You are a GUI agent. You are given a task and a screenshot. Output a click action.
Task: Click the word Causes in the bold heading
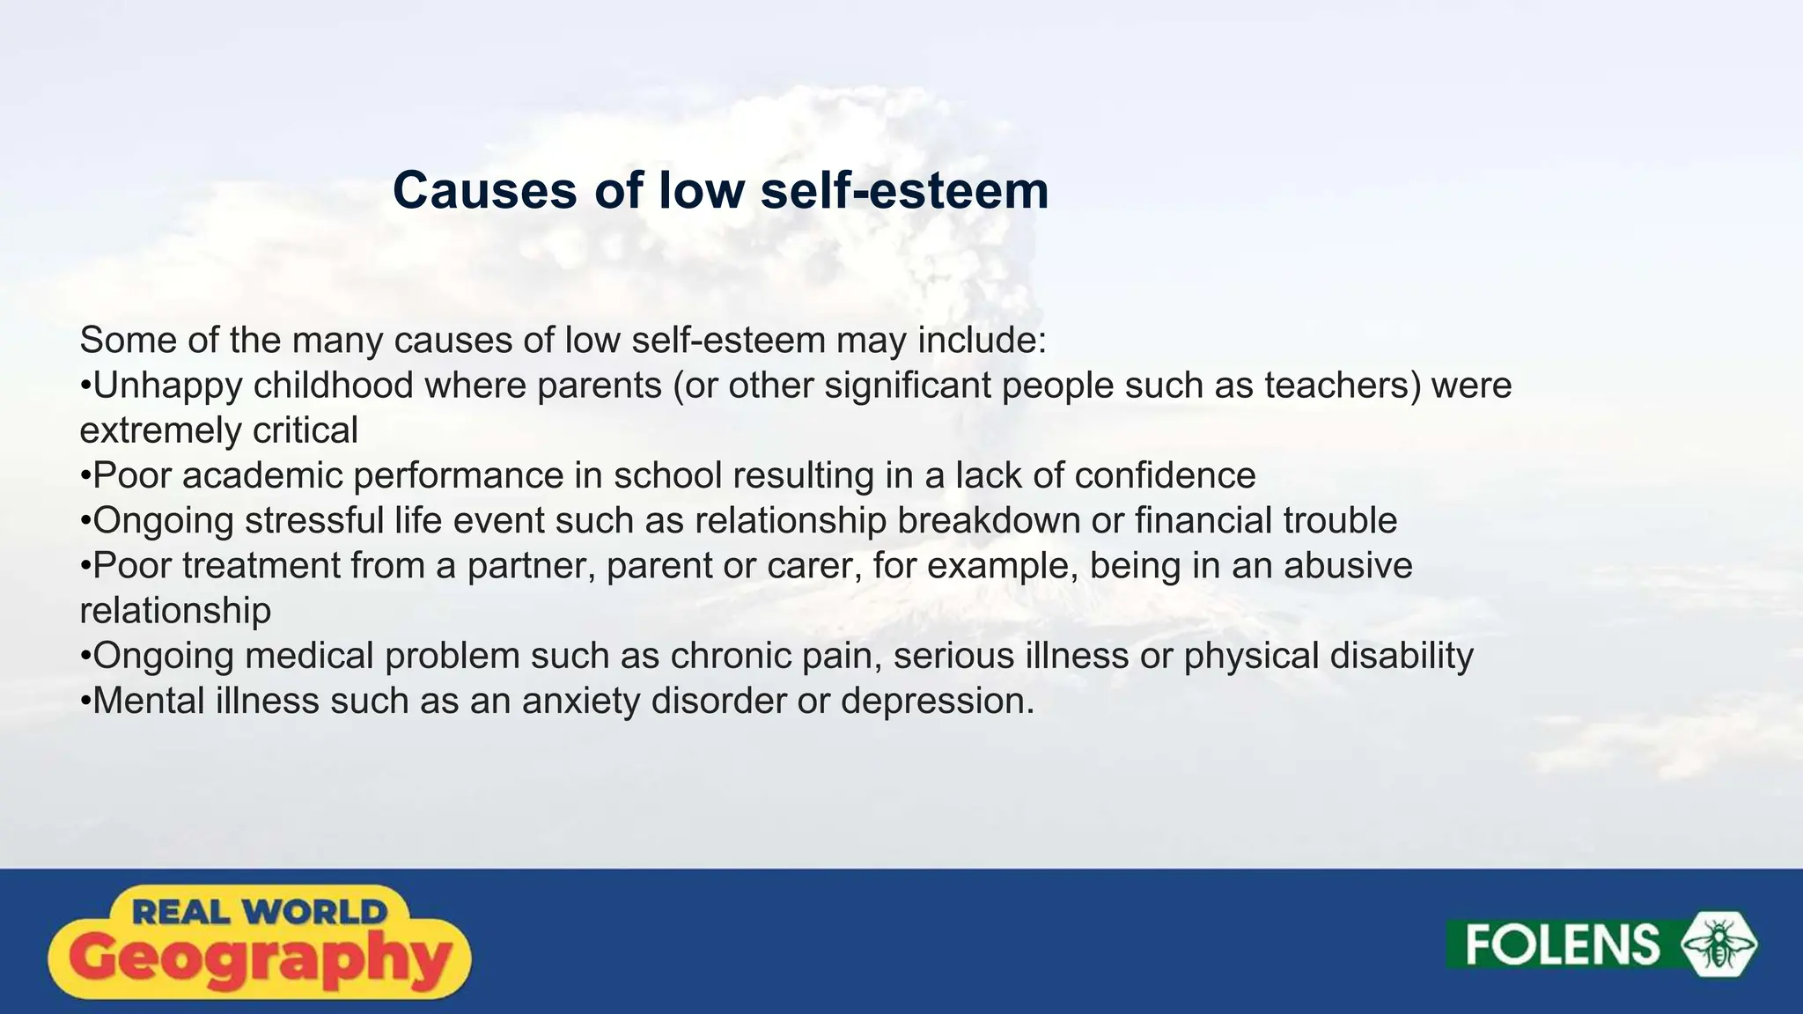(485, 190)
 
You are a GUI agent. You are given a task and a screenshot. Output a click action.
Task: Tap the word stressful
(314, 520)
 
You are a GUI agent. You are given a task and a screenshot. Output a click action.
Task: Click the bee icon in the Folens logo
(1718, 944)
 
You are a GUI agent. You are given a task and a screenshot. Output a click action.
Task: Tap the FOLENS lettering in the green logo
(1562, 944)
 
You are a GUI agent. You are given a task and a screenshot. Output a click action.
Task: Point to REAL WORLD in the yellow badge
(260, 911)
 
